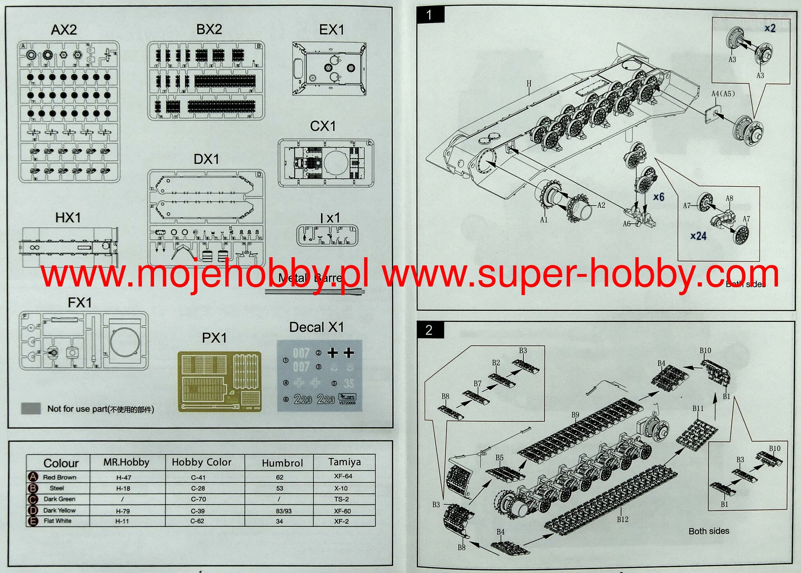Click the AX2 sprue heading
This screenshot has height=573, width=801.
pyautogui.click(x=64, y=30)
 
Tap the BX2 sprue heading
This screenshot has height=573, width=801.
pyautogui.click(x=209, y=29)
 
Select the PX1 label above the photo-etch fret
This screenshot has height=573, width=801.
pyautogui.click(x=214, y=338)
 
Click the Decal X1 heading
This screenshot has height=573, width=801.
pyautogui.click(x=316, y=327)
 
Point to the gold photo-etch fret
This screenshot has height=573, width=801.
pyautogui.click(x=219, y=381)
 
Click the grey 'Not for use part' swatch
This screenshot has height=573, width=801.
pyautogui.click(x=31, y=408)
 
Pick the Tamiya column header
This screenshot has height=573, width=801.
pyautogui.click(x=344, y=462)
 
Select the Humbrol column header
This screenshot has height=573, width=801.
pyautogui.click(x=282, y=463)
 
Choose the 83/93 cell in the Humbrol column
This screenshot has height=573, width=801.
pyautogui.click(x=284, y=511)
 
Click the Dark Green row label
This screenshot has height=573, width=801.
pyautogui.click(x=59, y=499)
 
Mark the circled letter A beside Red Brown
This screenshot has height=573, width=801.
pyautogui.click(x=33, y=477)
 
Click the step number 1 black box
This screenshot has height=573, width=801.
pyautogui.click(x=429, y=15)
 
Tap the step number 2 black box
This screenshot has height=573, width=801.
pyautogui.click(x=429, y=330)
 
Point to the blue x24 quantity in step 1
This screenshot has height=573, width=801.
pyautogui.click(x=698, y=236)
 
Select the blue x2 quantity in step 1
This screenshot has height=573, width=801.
pyautogui.click(x=770, y=28)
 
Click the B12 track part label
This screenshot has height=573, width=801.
pyautogui.click(x=623, y=519)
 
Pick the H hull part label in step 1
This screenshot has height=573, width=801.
pyautogui.click(x=529, y=84)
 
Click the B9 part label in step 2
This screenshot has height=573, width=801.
pyautogui.click(x=575, y=415)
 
